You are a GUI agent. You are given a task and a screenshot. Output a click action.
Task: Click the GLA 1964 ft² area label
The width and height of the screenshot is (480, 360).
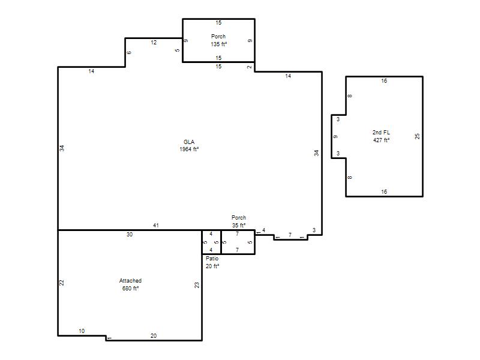(189, 146)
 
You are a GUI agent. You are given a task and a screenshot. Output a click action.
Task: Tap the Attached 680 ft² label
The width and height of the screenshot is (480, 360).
(130, 284)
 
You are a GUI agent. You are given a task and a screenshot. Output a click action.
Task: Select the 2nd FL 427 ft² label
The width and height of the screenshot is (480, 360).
(381, 136)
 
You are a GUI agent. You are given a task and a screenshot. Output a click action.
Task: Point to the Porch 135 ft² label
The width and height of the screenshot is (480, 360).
(218, 40)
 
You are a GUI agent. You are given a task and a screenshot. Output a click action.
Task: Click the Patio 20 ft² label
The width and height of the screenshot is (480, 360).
(212, 262)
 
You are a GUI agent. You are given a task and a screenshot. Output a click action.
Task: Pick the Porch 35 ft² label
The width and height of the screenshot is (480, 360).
(239, 221)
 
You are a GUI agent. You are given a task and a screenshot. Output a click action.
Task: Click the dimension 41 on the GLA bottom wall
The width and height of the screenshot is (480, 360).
(156, 226)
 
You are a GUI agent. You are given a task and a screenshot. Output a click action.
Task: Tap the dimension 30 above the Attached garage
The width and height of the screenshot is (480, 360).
(130, 235)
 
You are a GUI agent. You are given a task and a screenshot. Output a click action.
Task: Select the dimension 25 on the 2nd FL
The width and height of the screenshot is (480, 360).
(417, 136)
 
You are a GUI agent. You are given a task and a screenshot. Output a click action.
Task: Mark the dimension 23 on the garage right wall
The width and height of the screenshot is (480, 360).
(197, 285)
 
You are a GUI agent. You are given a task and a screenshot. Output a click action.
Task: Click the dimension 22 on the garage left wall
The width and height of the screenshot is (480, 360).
(62, 283)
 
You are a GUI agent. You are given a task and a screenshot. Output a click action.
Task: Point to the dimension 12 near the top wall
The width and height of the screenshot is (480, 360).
(154, 43)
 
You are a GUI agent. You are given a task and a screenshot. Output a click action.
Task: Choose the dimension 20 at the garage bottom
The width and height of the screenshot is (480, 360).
(154, 336)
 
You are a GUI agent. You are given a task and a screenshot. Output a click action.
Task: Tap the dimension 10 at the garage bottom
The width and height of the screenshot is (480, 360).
(82, 331)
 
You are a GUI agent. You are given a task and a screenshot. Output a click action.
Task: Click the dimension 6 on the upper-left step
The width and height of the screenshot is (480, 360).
(129, 53)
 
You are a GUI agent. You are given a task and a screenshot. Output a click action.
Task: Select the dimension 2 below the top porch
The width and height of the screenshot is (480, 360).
(250, 67)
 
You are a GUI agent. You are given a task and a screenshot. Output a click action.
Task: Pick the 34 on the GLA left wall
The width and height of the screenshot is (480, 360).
(62, 148)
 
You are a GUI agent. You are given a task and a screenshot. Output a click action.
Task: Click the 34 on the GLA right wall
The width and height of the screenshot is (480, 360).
(317, 153)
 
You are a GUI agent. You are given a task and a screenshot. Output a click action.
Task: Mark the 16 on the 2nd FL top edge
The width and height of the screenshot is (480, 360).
(384, 81)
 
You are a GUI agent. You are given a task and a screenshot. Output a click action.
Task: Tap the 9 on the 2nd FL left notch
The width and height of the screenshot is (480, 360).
(335, 137)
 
